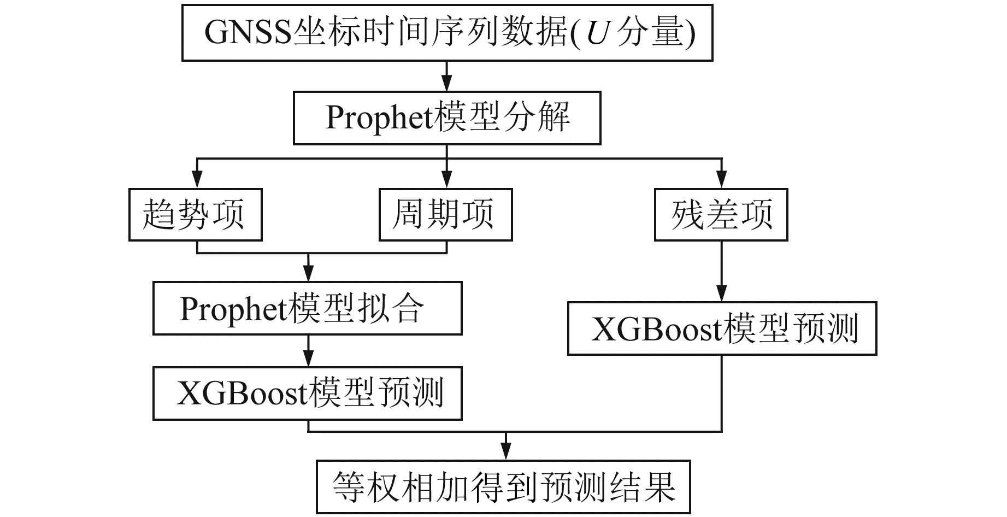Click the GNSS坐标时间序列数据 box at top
pos(447,33)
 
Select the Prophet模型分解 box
pos(447,118)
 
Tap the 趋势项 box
pos(196,215)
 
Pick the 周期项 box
pos(446,215)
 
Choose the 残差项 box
pos(721,215)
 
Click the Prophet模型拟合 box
pos(307,308)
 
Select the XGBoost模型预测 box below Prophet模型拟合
pos(307,393)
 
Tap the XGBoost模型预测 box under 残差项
pos(722,328)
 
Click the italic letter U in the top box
pos(597,33)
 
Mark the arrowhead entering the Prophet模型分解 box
pos(447,85)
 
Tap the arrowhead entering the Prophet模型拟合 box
pos(309,274)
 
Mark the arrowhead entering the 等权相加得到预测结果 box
pos(506,454)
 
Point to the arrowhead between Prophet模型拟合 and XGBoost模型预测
pos(309,360)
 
